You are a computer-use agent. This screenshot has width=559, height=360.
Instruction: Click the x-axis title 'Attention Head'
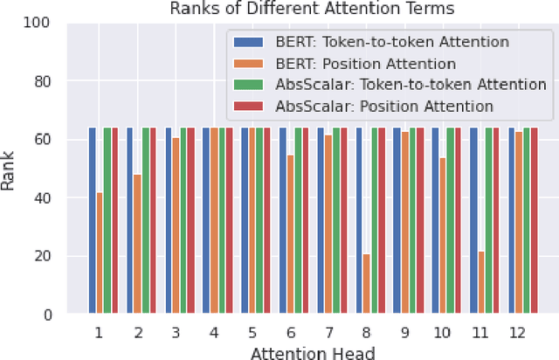[x=313, y=352]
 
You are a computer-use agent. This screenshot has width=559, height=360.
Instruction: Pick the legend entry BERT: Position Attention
[x=367, y=63]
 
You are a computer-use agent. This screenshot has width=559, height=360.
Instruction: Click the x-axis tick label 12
[x=517, y=333]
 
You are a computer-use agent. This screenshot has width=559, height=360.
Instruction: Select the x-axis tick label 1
[x=99, y=333]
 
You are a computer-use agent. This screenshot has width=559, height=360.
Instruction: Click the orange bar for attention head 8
[x=367, y=284]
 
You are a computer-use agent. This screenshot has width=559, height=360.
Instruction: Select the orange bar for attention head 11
[x=481, y=283]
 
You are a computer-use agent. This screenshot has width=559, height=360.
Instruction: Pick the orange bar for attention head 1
[x=100, y=253]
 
